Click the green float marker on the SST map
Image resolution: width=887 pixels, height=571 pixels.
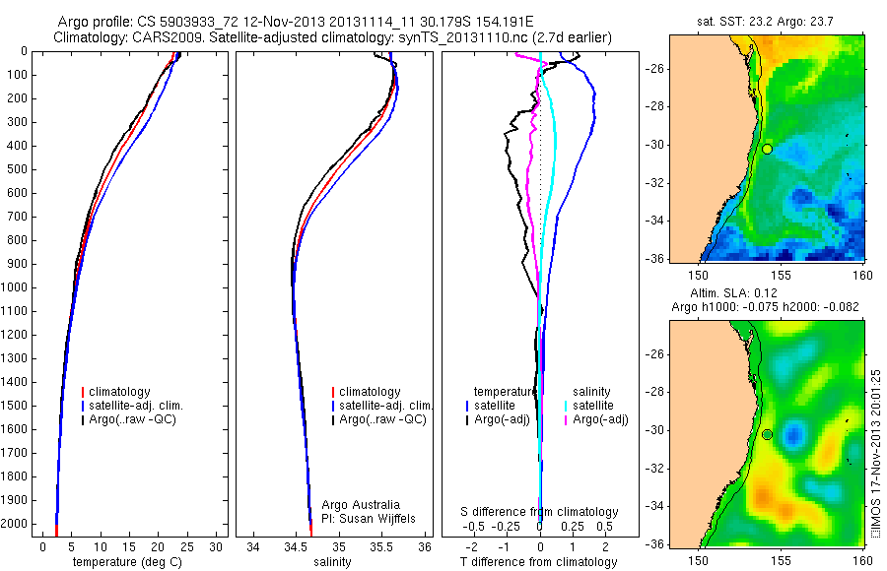(767, 149)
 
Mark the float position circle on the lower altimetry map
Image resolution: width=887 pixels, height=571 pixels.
(767, 434)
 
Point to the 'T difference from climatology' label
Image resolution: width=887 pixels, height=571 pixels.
(538, 562)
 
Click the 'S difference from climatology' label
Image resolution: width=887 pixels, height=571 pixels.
(540, 512)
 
